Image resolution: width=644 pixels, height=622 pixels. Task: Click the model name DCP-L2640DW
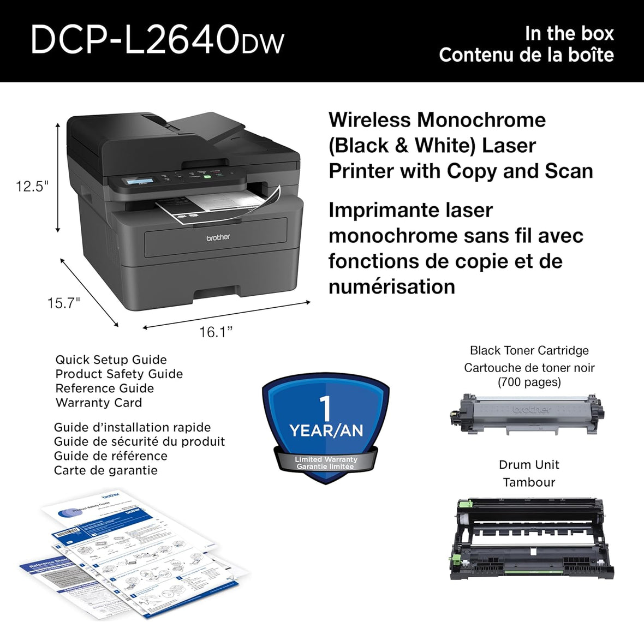pos(157,39)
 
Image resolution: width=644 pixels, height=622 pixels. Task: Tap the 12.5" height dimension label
pos(32,187)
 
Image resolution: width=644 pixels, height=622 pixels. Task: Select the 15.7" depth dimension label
pos(64,303)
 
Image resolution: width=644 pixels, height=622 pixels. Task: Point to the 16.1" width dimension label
pos(216,332)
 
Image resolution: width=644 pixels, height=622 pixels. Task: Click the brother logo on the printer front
pos(218,237)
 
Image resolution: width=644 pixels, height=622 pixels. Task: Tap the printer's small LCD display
pos(139,181)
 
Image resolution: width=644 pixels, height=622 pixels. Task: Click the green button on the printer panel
pos(207,176)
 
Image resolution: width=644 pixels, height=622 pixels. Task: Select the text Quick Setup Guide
pos(111,360)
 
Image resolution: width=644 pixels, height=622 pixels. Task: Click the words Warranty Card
pos(99,403)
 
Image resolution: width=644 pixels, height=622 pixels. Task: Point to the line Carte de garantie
pos(106,470)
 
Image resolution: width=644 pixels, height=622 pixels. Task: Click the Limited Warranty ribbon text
pos(326,459)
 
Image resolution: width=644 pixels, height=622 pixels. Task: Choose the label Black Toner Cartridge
pos(529,350)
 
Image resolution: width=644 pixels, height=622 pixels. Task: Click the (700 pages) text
pos(529,382)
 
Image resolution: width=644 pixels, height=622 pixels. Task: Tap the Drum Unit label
pos(529,465)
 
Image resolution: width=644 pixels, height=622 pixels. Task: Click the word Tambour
pos(529,482)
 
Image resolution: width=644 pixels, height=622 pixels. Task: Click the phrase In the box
pos(569,34)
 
